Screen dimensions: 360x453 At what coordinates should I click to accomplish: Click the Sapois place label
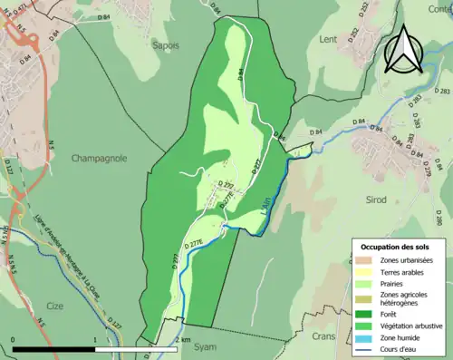click(x=165, y=44)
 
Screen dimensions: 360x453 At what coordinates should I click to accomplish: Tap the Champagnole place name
click(x=99, y=158)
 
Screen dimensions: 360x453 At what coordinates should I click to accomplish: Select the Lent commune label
click(x=328, y=39)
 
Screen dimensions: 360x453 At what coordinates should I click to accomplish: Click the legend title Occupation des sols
click(x=395, y=247)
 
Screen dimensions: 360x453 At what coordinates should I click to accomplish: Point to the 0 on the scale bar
click(x=13, y=340)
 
